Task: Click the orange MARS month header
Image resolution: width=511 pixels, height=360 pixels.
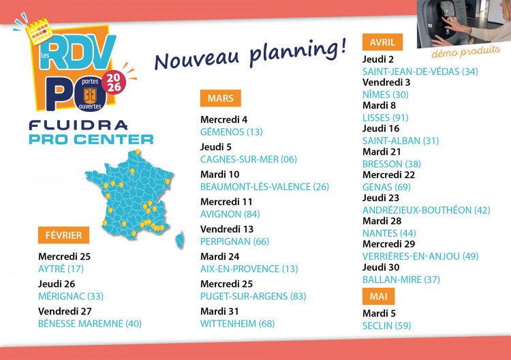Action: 221,98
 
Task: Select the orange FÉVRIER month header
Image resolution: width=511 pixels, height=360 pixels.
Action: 63,235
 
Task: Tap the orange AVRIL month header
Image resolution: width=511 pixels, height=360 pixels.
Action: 382,42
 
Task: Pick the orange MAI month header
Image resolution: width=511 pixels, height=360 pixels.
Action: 378,297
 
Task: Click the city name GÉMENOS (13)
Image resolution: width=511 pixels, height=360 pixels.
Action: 231,132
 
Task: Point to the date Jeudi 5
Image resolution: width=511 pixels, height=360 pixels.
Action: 216,147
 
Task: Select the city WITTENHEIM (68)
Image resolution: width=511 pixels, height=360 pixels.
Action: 237,323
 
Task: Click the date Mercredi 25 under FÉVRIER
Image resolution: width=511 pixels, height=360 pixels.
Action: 64,257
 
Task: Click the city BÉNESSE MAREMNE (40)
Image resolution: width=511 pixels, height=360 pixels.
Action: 90,323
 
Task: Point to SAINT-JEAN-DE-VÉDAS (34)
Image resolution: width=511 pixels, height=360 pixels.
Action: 420,72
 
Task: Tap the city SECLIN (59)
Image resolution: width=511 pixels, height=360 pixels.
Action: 387,326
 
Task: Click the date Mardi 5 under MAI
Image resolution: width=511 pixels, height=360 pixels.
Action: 381,314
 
